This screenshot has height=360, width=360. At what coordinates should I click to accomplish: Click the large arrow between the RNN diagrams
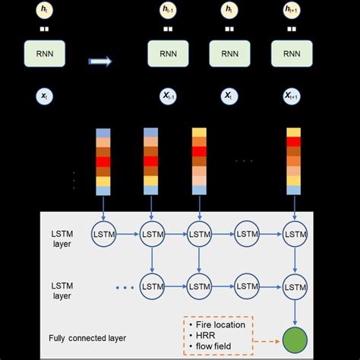(99, 61)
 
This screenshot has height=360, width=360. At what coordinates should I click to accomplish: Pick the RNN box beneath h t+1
(292, 54)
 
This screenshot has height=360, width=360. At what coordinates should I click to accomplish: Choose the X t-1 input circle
(167, 97)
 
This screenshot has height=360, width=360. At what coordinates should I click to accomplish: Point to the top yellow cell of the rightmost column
(292, 134)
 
